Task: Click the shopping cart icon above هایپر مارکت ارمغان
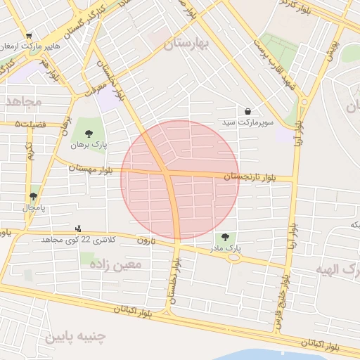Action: (x=28, y=36)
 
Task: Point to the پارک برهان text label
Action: (x=89, y=145)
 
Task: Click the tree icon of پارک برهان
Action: (x=89, y=134)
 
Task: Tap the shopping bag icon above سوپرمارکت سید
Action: (x=248, y=111)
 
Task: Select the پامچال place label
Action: (x=33, y=208)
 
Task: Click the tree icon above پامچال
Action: (x=33, y=197)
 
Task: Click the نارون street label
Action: (x=145, y=241)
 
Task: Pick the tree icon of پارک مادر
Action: (x=225, y=237)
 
